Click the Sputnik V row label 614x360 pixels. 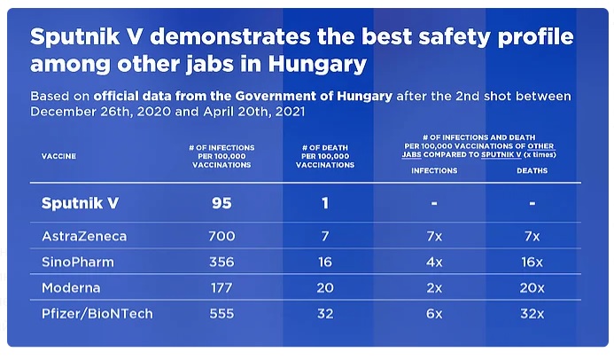pos(80,203)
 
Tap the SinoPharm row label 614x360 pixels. pos(74,262)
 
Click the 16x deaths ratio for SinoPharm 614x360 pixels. pos(532,262)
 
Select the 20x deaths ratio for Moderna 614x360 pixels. pos(532,288)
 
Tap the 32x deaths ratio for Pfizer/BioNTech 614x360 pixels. pos(532,314)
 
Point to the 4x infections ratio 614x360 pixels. pos(434,262)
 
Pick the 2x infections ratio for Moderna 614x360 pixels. pos(434,288)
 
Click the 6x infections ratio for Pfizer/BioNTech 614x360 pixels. pos(434,314)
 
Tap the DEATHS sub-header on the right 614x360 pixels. pos(532,170)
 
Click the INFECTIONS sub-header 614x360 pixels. pos(434,170)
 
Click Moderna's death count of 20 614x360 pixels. pos(325,288)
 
